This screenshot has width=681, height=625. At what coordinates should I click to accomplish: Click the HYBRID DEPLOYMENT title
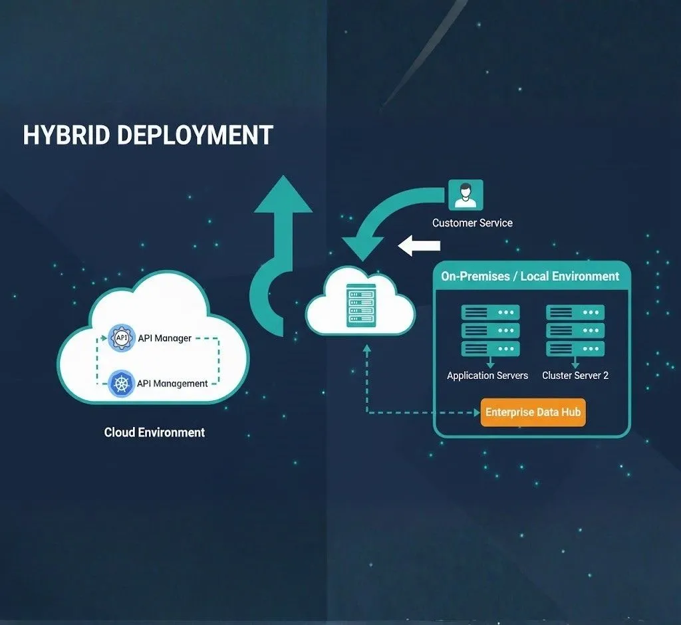tap(148, 135)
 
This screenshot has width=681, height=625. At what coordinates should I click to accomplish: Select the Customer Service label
tap(472, 223)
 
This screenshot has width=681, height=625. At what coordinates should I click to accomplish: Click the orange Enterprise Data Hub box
tap(533, 412)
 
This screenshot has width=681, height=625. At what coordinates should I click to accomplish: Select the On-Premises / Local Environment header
tap(530, 276)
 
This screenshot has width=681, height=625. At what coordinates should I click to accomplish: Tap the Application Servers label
tap(487, 376)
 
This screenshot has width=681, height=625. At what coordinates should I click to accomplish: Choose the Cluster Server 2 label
tap(575, 376)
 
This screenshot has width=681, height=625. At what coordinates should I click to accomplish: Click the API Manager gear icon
tap(121, 338)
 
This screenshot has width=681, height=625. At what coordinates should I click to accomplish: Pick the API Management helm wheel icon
tap(121, 384)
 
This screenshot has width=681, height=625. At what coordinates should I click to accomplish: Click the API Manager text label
tap(164, 338)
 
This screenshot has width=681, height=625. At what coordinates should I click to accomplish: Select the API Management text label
tap(172, 384)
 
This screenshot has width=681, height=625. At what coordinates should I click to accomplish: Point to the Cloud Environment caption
tap(154, 432)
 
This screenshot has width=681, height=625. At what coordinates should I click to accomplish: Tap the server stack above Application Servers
tap(490, 330)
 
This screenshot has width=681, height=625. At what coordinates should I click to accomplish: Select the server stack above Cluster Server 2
tap(575, 330)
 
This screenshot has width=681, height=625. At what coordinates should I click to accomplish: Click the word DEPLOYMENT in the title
tap(196, 135)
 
